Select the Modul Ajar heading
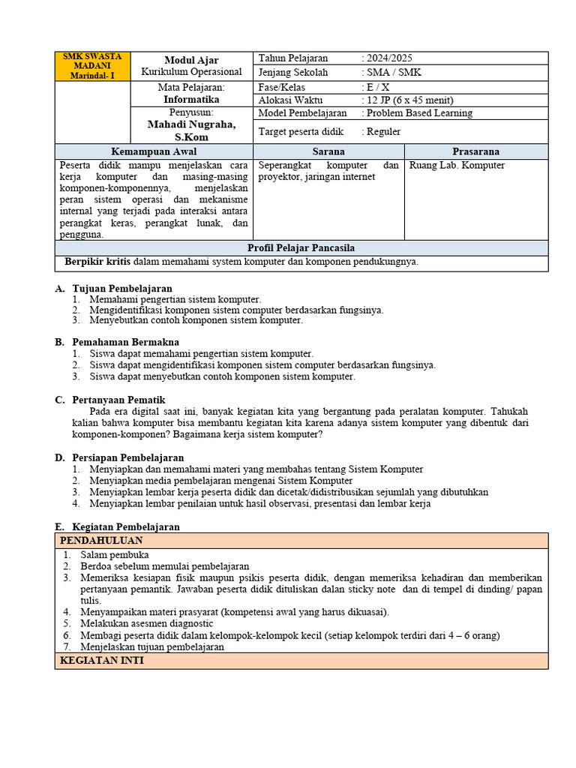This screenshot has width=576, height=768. pos(191,60)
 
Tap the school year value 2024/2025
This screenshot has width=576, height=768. pos(388,58)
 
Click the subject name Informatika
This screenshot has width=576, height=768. pos(191,99)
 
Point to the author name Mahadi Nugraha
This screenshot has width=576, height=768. pos(191,124)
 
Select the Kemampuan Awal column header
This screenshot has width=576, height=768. pos(154,151)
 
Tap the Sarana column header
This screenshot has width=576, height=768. pos(328,151)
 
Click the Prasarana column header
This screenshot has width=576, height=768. pos(475,151)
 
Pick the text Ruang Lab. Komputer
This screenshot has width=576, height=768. pos(457,165)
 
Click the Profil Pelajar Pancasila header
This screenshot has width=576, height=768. pos(301,248)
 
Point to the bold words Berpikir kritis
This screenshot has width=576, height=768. pos(97,262)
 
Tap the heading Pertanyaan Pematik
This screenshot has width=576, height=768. pos(118,400)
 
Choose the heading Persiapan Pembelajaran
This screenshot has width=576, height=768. pos(127,457)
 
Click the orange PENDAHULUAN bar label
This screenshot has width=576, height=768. pos(100,541)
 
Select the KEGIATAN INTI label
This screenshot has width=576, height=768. pos(101,661)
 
